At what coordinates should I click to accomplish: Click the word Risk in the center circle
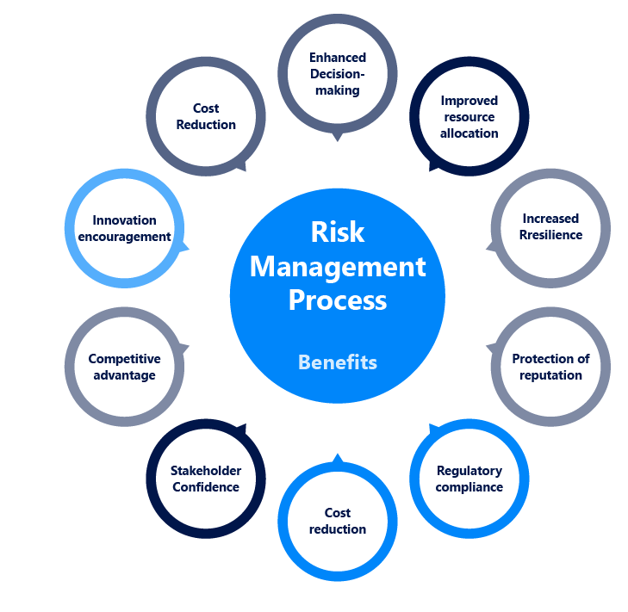point(338,232)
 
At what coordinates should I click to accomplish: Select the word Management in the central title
point(338,267)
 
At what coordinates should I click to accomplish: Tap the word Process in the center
point(338,300)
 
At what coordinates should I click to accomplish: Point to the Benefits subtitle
point(338,362)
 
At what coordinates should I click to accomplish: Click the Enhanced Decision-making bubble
point(338,74)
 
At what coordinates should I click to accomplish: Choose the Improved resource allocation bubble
point(469,117)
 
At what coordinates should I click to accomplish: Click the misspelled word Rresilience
point(550,235)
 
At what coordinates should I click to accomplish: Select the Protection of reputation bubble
point(550,367)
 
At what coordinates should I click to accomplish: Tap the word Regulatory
point(469,471)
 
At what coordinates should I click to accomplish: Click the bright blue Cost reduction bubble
point(338,522)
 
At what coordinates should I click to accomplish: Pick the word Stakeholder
point(206,471)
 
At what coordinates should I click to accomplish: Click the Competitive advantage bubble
point(124,367)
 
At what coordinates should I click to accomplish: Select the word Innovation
point(124,220)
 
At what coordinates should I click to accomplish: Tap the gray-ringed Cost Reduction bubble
point(206,116)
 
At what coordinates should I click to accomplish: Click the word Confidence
point(206,487)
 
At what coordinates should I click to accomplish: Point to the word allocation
point(469,133)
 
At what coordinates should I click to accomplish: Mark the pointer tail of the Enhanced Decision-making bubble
point(338,137)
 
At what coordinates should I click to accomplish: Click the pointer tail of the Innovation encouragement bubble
point(185,249)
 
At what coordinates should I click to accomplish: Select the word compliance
point(469,487)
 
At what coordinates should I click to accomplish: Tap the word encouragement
point(124,237)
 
